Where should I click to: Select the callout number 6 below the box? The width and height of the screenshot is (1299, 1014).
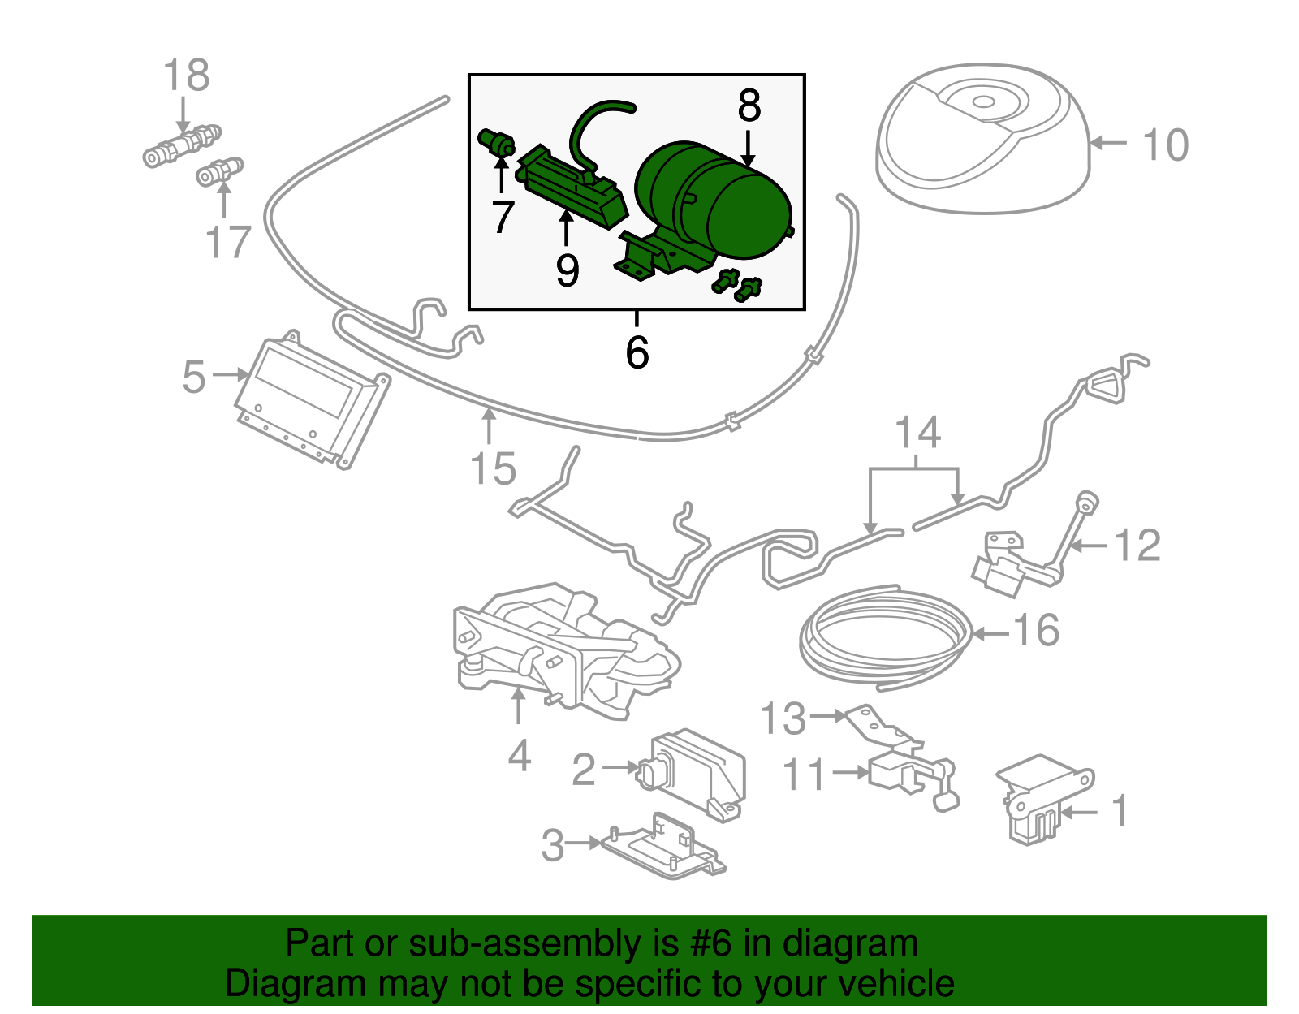click(637, 352)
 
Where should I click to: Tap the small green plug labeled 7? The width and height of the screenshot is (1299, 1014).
click(496, 143)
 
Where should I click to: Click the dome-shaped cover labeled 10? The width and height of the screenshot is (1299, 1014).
click(982, 142)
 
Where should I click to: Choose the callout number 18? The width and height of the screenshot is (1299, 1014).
click(186, 76)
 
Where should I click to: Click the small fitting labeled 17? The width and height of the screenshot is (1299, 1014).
click(220, 172)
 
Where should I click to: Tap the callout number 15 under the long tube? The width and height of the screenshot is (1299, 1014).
click(493, 469)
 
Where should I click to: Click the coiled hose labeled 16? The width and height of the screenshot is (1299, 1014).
click(885, 637)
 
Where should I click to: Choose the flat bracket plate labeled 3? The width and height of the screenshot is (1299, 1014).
click(662, 848)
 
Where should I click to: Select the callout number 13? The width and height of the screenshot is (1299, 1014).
click(783, 718)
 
